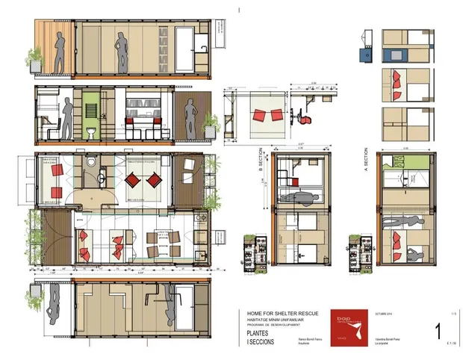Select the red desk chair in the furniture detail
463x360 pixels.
(306, 117)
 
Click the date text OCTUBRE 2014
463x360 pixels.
(384, 314)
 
